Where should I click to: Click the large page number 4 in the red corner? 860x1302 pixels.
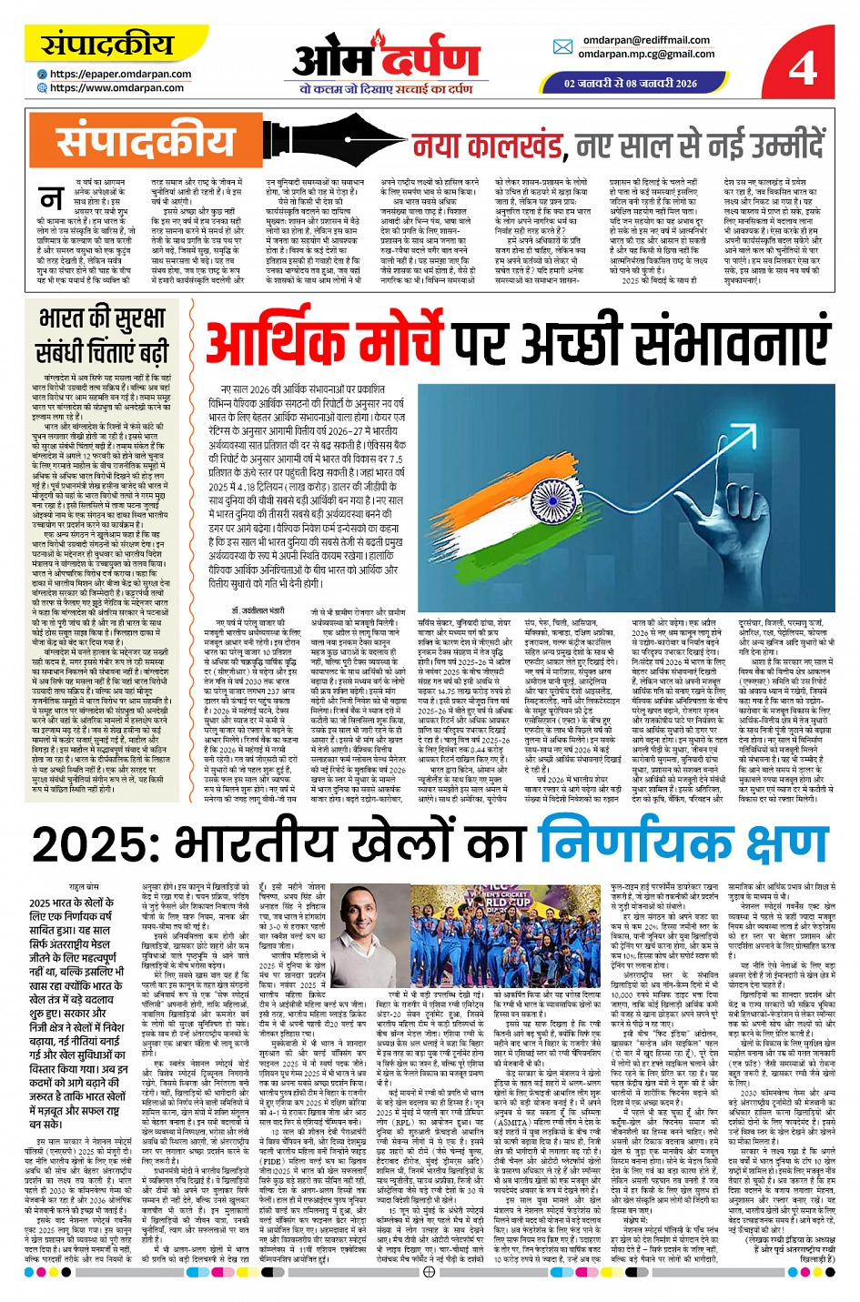click(803, 66)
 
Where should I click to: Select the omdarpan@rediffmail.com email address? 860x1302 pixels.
click(646, 40)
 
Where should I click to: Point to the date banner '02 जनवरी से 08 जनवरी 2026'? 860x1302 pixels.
click(630, 83)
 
